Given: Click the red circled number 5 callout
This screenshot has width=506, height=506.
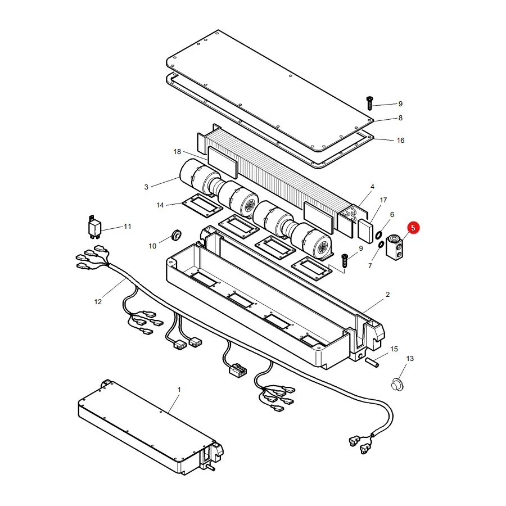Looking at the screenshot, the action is point(413,228).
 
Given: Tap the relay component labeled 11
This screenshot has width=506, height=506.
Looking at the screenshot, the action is point(94,227).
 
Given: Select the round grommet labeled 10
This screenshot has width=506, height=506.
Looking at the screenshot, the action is point(176,235).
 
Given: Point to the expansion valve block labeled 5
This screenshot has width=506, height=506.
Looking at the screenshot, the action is point(395,247).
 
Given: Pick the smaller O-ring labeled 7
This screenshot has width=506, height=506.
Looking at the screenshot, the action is point(381,245).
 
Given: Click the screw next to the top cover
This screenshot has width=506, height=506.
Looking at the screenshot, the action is point(370,103).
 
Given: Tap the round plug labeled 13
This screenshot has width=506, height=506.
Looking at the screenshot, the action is point(397,385).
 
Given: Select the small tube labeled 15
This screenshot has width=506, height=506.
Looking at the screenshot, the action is point(372,362).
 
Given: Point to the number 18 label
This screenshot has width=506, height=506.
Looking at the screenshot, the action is point(177,152).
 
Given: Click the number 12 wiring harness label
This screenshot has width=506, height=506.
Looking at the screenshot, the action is point(98,302).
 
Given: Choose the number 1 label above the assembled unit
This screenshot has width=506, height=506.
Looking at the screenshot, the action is point(179,390).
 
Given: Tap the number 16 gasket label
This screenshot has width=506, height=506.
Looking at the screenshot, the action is point(400,141).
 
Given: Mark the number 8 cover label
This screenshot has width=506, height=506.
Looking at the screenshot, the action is point(400,118).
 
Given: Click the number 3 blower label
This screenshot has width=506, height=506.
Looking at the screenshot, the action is point(146,187).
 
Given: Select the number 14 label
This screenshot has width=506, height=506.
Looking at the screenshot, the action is point(160,205).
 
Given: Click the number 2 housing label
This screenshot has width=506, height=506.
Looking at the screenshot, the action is point(387,294).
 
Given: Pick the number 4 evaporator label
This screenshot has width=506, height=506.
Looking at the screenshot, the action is point(372,187).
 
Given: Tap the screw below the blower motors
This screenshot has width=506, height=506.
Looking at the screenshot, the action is point(344,260).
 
